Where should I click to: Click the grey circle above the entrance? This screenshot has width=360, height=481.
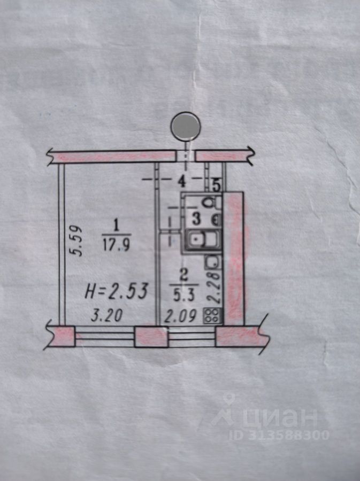pos(186,126)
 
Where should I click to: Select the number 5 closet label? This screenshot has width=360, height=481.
pos(216,185)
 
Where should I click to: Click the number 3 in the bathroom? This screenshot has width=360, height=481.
pos(196,219)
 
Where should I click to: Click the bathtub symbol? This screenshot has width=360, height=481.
pos(203,239)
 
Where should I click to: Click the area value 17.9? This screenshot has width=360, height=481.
pos(117,245)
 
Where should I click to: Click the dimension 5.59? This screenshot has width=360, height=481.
pos(75,241)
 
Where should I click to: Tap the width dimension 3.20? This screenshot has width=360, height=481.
pos(107,315)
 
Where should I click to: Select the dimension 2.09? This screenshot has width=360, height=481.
pos(180,316)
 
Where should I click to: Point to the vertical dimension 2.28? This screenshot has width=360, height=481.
pos(214,288)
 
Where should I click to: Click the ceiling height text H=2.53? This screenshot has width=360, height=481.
pos(117,291)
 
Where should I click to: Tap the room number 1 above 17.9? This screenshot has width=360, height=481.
pos(116,227)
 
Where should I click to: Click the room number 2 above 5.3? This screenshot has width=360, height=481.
pos(184,276)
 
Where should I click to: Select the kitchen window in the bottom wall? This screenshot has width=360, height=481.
pos(192,336)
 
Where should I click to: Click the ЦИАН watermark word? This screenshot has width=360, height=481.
pos(279,418)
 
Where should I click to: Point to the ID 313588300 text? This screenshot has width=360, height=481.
pos(279,435)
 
